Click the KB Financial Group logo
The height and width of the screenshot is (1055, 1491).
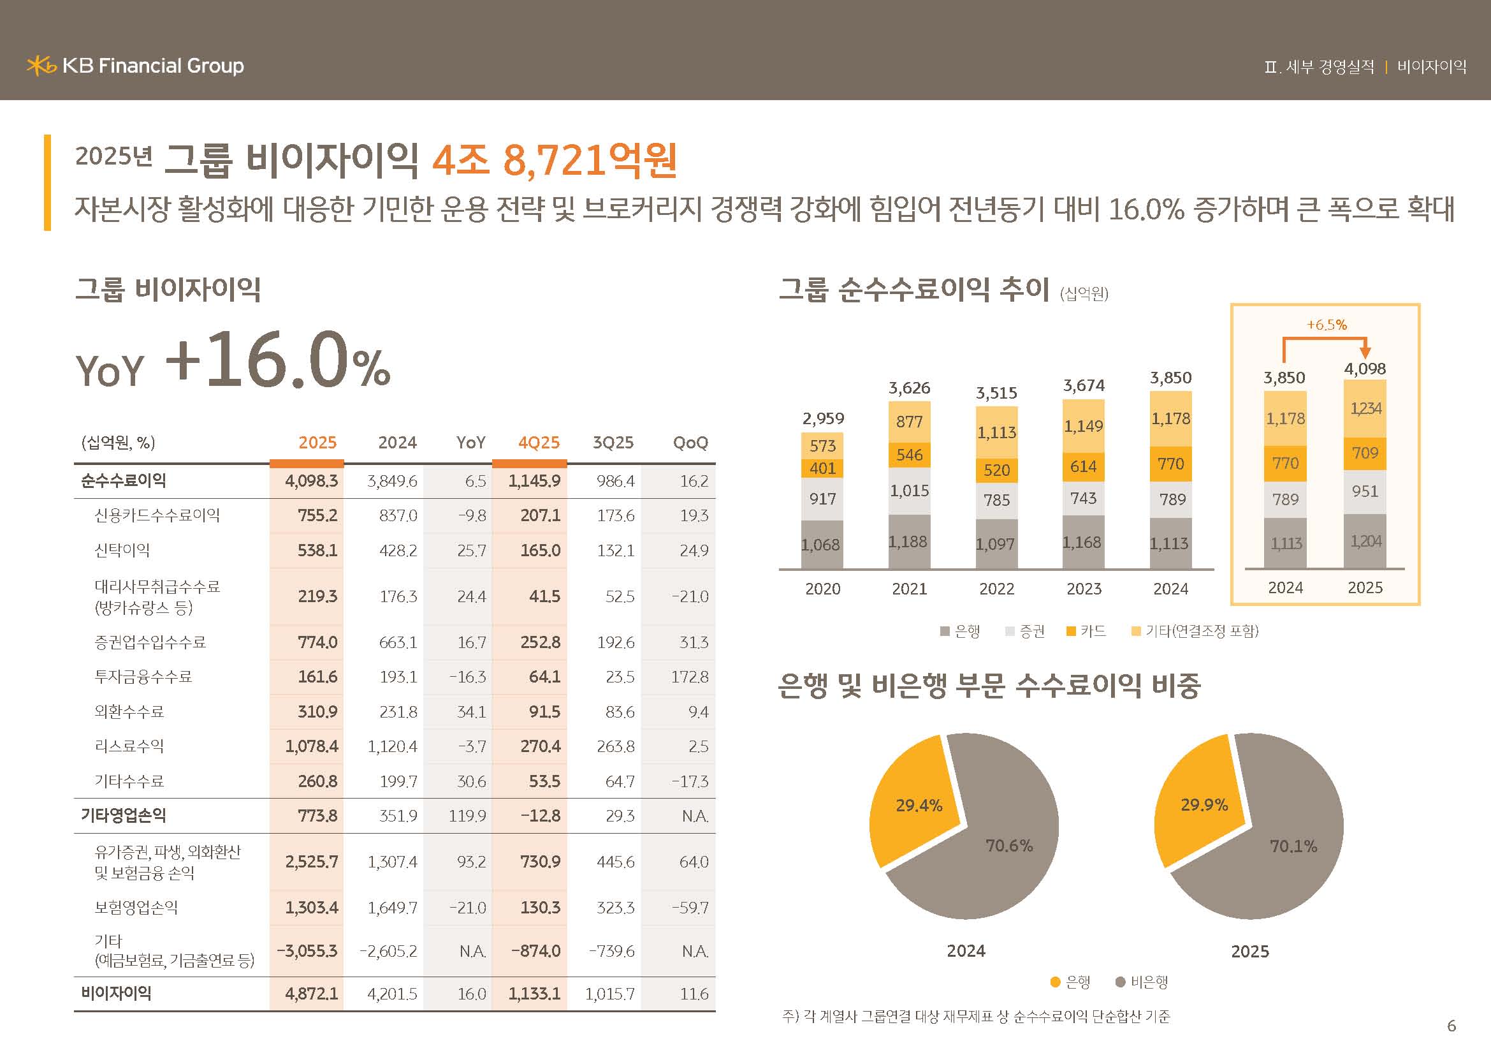pyautogui.click(x=135, y=66)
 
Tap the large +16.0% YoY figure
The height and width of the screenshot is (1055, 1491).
pyautogui.click(x=277, y=361)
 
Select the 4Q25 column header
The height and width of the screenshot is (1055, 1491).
pyautogui.click(x=539, y=443)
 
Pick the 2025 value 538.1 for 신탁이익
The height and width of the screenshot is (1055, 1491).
pyautogui.click(x=317, y=550)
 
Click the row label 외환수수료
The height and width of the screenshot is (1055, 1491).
pyautogui.click(x=129, y=711)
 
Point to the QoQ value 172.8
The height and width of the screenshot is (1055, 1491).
pyautogui.click(x=690, y=677)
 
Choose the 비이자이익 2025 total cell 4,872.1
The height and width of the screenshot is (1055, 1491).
pyautogui.click(x=312, y=993)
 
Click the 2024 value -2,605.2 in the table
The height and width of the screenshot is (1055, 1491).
pyautogui.click(x=388, y=951)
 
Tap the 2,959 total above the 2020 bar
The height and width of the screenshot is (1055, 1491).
pyautogui.click(x=823, y=418)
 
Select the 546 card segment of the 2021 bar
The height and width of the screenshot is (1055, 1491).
pyautogui.click(x=909, y=455)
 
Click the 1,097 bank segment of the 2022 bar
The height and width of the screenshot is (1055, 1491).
pyautogui.click(x=996, y=543)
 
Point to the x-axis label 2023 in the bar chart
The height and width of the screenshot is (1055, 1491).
pyautogui.click(x=1084, y=589)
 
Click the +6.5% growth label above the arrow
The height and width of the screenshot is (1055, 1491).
pyautogui.click(x=1327, y=325)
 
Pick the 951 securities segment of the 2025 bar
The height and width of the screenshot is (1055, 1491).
pyautogui.click(x=1365, y=491)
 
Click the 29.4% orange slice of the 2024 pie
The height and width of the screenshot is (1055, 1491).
pyautogui.click(x=918, y=806)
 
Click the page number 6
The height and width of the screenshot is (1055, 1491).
pyautogui.click(x=1451, y=1026)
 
